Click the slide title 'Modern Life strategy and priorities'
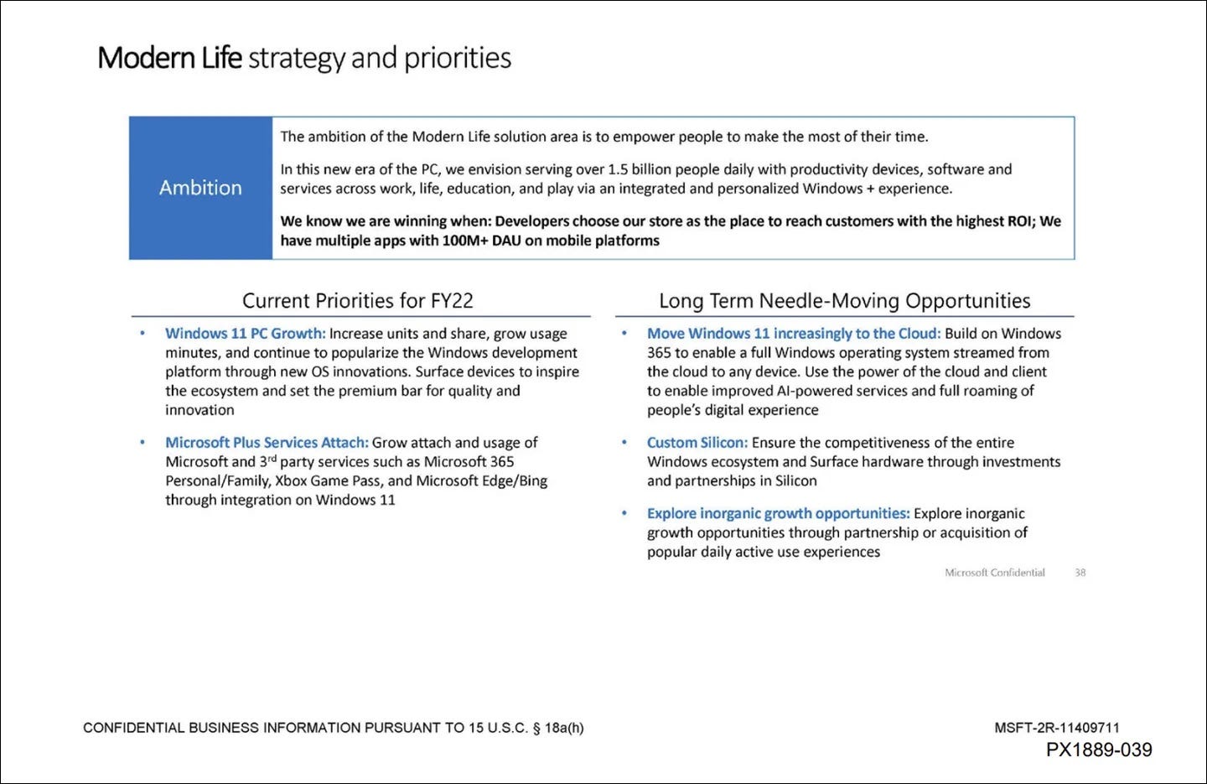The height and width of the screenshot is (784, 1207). click(x=303, y=58)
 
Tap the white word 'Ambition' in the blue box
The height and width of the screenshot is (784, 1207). click(x=200, y=188)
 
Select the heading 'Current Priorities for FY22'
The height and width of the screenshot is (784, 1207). click(x=358, y=300)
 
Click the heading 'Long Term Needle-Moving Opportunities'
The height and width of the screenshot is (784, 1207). click(x=844, y=300)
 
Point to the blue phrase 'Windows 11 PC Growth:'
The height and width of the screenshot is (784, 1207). click(x=245, y=334)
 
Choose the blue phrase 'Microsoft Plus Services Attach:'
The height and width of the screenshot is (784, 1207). click(x=267, y=443)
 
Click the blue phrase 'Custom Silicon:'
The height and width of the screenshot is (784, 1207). click(x=697, y=443)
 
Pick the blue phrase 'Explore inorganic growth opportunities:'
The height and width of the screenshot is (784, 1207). click(x=778, y=514)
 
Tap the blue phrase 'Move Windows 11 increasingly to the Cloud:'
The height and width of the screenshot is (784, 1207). click(x=793, y=334)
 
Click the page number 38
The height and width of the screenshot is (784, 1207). click(x=1080, y=573)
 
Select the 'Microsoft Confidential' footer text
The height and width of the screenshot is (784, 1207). click(x=994, y=573)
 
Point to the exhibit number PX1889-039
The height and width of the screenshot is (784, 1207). click(x=1098, y=750)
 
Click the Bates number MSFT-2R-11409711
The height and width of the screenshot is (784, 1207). click(x=1056, y=728)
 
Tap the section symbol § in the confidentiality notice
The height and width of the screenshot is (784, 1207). click(x=536, y=728)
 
